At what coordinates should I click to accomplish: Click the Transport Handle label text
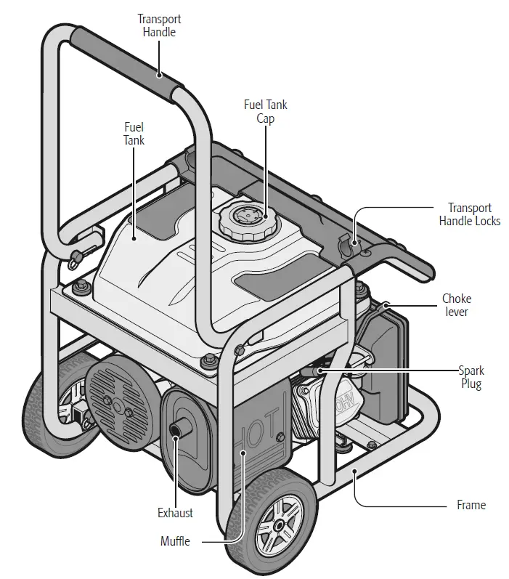pos(159,25)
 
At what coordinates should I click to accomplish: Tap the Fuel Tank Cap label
pos(265,112)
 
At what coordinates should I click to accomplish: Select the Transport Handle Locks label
pos(470,214)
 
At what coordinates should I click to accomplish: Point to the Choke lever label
pos(457,304)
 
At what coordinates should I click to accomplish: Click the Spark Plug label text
pos(471,377)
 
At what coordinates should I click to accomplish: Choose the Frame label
pos(471,505)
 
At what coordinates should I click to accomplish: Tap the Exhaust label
pos(175,513)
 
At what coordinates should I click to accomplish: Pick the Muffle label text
pos(175,541)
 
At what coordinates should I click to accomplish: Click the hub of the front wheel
pos(279,525)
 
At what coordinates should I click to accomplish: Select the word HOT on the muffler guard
pos(259,431)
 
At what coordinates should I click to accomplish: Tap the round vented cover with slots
pos(118,403)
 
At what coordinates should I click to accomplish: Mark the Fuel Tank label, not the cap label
pos(134,134)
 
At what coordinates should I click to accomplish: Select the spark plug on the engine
pos(313,371)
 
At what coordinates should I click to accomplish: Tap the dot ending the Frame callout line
pos(354,471)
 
